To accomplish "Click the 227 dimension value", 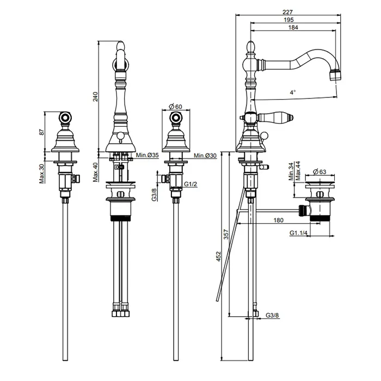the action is click(288, 11).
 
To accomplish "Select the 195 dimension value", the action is click(288, 20).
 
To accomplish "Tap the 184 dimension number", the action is click(293, 27).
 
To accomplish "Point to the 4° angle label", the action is click(293, 93).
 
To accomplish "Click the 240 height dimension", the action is click(95, 96).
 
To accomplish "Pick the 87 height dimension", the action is click(42, 132).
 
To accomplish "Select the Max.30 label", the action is click(42, 174).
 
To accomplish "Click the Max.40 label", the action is click(95, 172).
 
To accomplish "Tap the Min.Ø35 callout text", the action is click(148, 155).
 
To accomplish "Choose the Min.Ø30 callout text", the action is click(205, 156).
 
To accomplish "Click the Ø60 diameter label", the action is click(175, 107).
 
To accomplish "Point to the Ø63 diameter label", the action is click(319, 172).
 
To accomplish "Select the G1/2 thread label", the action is click(190, 184).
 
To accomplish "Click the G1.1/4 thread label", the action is click(298, 233).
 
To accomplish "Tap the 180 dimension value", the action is click(279, 220).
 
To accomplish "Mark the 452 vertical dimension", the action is click(219, 256).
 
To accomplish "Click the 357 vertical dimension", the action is click(226, 234).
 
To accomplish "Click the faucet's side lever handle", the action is click(275, 117).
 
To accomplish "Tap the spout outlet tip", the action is click(335, 75).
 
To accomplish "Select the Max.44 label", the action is click(298, 171).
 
